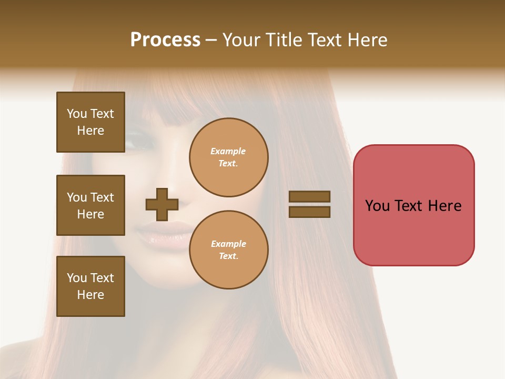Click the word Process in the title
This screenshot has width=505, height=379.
(x=165, y=40)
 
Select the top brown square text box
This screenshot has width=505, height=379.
(x=90, y=122)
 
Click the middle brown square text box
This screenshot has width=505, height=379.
(x=90, y=205)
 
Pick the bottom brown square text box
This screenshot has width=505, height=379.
(x=90, y=286)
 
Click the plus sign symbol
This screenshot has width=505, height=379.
(x=161, y=204)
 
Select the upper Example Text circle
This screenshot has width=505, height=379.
(x=228, y=157)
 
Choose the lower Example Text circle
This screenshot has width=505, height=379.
(x=228, y=250)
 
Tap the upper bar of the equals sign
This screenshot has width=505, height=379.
(x=309, y=196)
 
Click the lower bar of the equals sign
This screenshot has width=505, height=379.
(x=309, y=212)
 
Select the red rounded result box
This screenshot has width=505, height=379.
(x=413, y=205)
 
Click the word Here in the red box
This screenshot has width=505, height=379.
(x=445, y=206)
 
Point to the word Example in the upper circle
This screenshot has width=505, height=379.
(x=228, y=151)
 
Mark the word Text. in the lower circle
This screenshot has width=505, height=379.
(x=228, y=256)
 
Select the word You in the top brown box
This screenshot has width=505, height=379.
(x=76, y=114)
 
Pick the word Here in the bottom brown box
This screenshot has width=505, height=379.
(x=90, y=295)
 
